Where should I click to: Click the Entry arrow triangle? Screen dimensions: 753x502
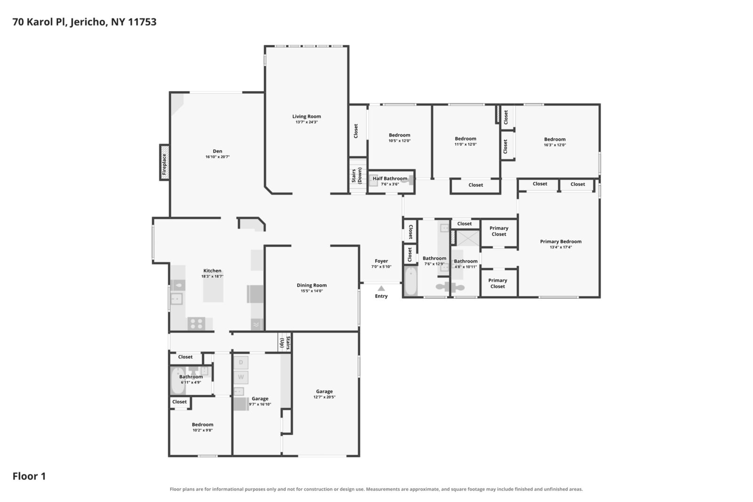[x=381, y=288]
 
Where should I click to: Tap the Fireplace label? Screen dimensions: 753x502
[x=164, y=164]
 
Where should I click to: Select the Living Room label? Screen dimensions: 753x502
[x=306, y=116]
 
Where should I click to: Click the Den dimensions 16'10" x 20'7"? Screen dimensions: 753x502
[x=217, y=157]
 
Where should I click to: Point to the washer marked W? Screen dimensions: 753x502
[x=240, y=377]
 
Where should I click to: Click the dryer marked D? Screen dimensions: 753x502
[x=240, y=362]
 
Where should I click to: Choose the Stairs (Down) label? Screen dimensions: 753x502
[x=357, y=176]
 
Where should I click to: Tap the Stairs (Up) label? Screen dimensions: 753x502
[x=285, y=343]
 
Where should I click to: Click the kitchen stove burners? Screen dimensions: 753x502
[x=196, y=324]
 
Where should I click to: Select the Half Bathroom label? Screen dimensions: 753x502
[x=390, y=178]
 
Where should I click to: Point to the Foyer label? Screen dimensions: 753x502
[x=381, y=261]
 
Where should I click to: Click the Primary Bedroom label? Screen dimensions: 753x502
[x=561, y=241]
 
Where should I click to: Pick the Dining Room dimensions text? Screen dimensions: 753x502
[x=312, y=291]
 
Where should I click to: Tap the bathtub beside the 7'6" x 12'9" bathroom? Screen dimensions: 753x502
[x=410, y=281]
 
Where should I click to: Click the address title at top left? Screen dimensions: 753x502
[x=84, y=22]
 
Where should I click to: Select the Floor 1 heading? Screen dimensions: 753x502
[x=29, y=476]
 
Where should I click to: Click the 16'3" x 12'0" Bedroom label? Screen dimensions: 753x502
[x=555, y=139]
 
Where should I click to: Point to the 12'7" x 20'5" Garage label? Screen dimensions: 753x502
[x=324, y=391]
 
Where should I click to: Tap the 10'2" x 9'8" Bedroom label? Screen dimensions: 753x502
[x=202, y=424]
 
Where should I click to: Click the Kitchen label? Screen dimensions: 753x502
[x=212, y=271]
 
